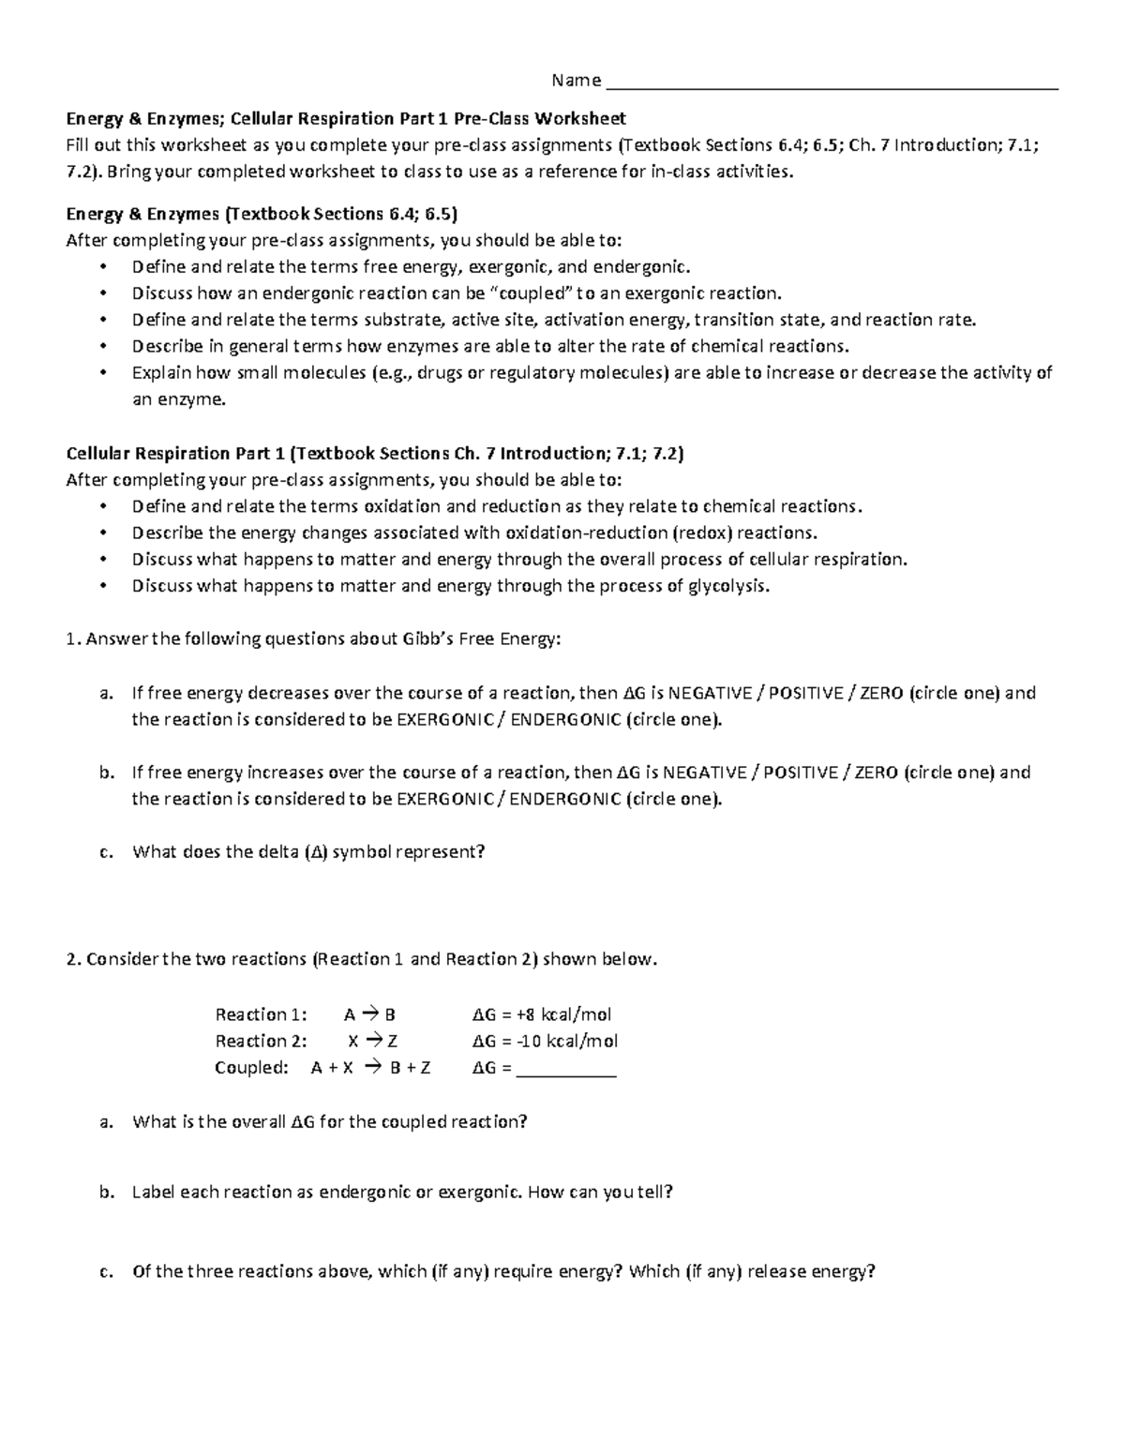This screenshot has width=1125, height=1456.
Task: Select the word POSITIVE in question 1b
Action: pos(802,773)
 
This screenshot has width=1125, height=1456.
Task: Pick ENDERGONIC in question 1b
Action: pos(565,799)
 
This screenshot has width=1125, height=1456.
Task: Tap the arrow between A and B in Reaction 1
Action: pos(370,1014)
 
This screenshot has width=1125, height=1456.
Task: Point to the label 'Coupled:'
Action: pos(251,1068)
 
